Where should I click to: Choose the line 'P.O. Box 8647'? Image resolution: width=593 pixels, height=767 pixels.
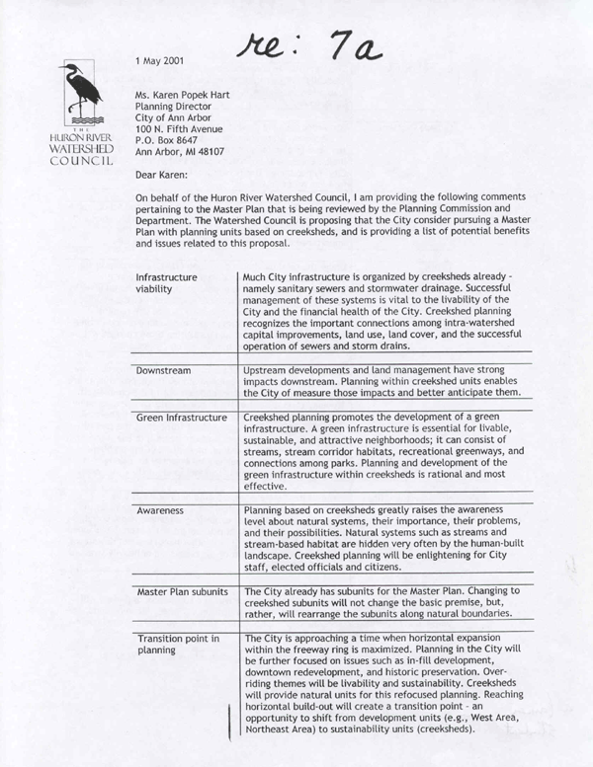click(172, 140)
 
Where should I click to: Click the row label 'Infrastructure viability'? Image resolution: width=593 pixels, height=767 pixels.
click(167, 284)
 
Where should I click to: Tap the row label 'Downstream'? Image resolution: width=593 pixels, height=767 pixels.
click(163, 369)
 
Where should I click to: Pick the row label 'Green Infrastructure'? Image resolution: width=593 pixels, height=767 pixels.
click(181, 418)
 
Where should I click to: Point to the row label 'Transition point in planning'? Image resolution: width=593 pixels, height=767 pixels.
click(179, 645)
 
